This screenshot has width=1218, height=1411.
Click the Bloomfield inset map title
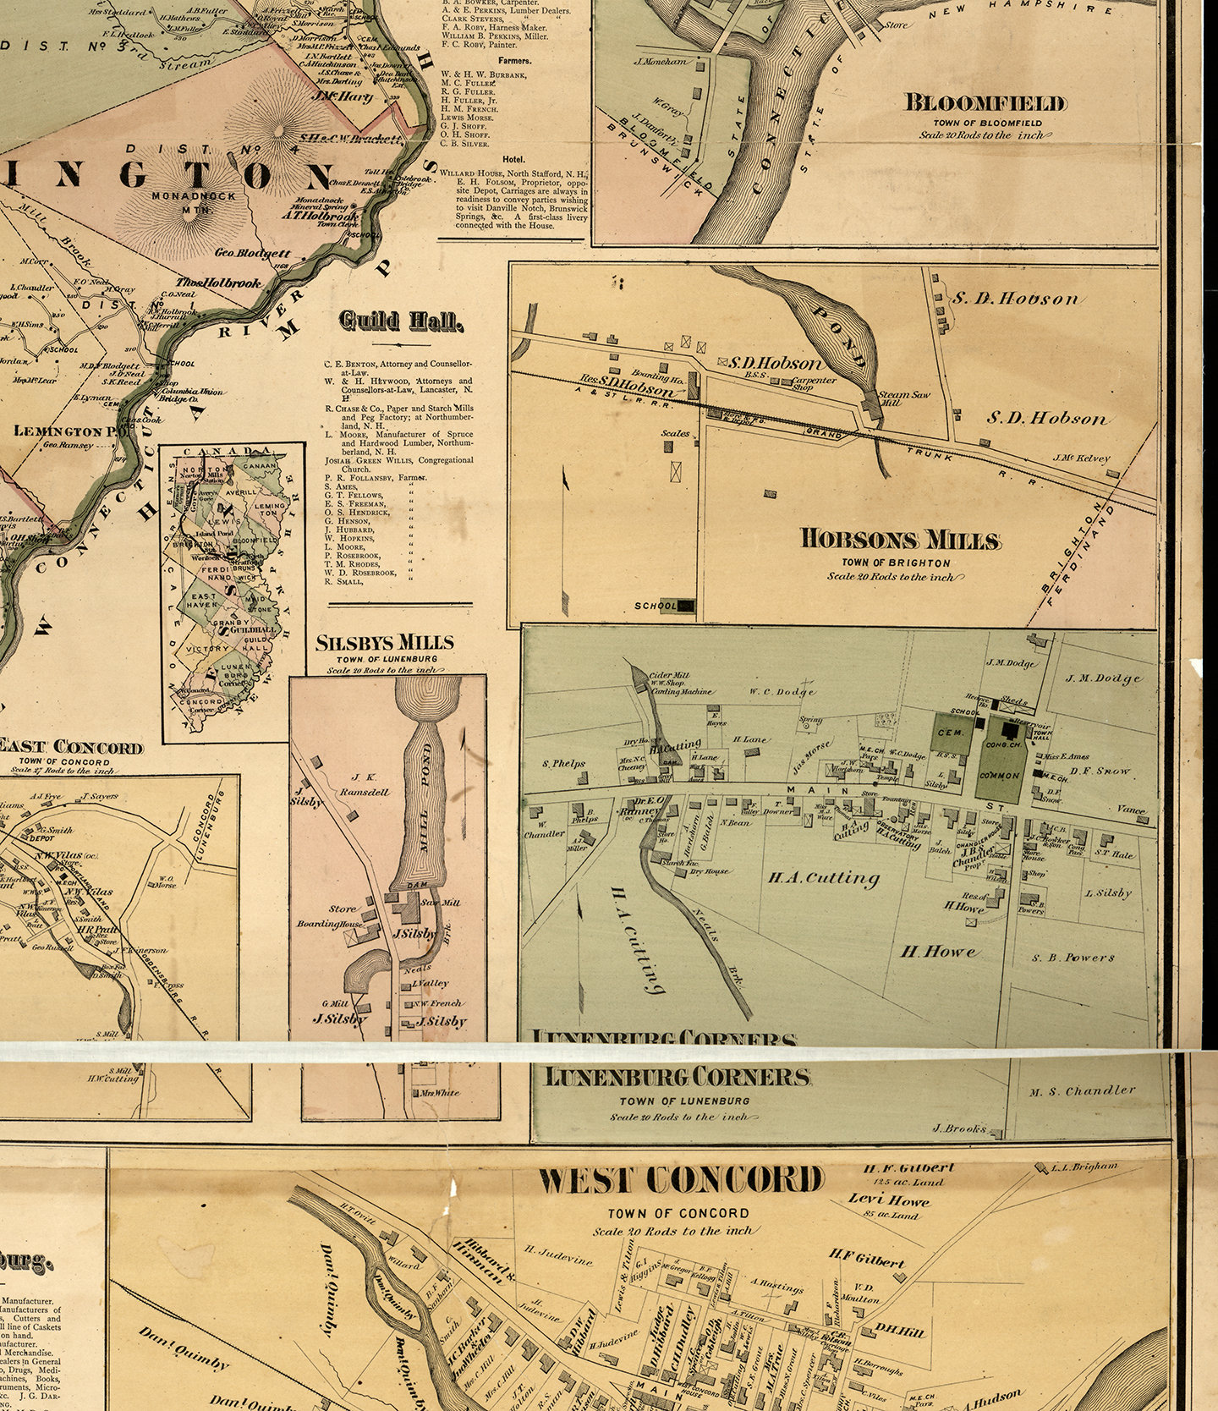tap(985, 103)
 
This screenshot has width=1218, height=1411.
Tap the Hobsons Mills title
tap(900, 540)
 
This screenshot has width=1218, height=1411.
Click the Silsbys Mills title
tap(384, 642)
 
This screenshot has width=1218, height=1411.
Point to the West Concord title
tap(680, 1180)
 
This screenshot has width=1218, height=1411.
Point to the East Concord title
tap(70, 747)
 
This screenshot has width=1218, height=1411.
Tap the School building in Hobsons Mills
tap(684, 606)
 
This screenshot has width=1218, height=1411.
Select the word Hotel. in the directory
tap(513, 159)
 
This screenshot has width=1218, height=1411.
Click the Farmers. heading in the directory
tap(514, 61)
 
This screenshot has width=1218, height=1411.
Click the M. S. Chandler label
tap(1082, 1091)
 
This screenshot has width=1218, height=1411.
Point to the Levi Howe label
tap(888, 1200)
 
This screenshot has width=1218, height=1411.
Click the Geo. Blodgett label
tap(252, 253)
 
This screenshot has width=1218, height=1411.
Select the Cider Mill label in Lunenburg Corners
tap(669, 675)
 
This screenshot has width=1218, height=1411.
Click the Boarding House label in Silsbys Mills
tap(329, 924)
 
